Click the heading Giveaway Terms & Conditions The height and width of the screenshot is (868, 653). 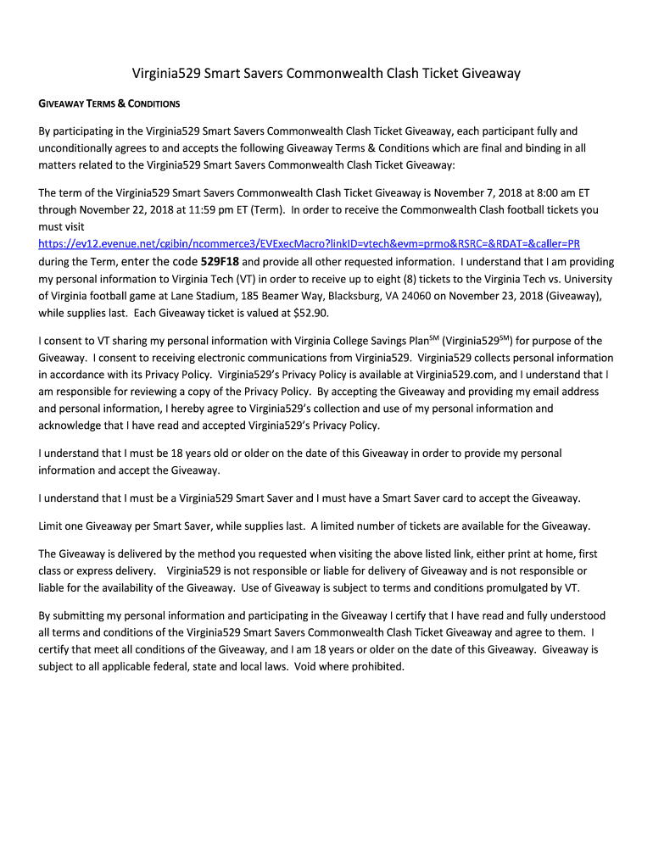click(x=109, y=104)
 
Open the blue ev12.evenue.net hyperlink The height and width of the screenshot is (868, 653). click(x=310, y=243)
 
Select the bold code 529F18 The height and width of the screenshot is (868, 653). click(x=220, y=262)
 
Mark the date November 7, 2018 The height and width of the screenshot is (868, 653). click(x=471, y=192)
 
